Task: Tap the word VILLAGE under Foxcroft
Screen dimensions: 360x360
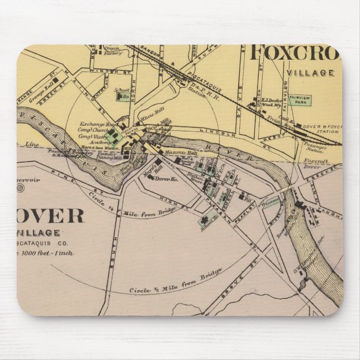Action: [310, 73]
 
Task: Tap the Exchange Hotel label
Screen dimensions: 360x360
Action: [92, 124]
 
